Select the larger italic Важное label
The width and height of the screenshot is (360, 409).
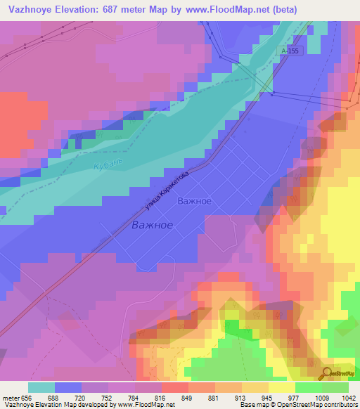[x=153, y=226]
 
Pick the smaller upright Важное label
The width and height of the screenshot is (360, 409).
[x=194, y=201]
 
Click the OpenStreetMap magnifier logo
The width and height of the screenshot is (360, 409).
[x=328, y=372]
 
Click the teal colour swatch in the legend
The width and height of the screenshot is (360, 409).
[x=41, y=387]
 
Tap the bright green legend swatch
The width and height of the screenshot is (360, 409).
[x=309, y=387]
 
